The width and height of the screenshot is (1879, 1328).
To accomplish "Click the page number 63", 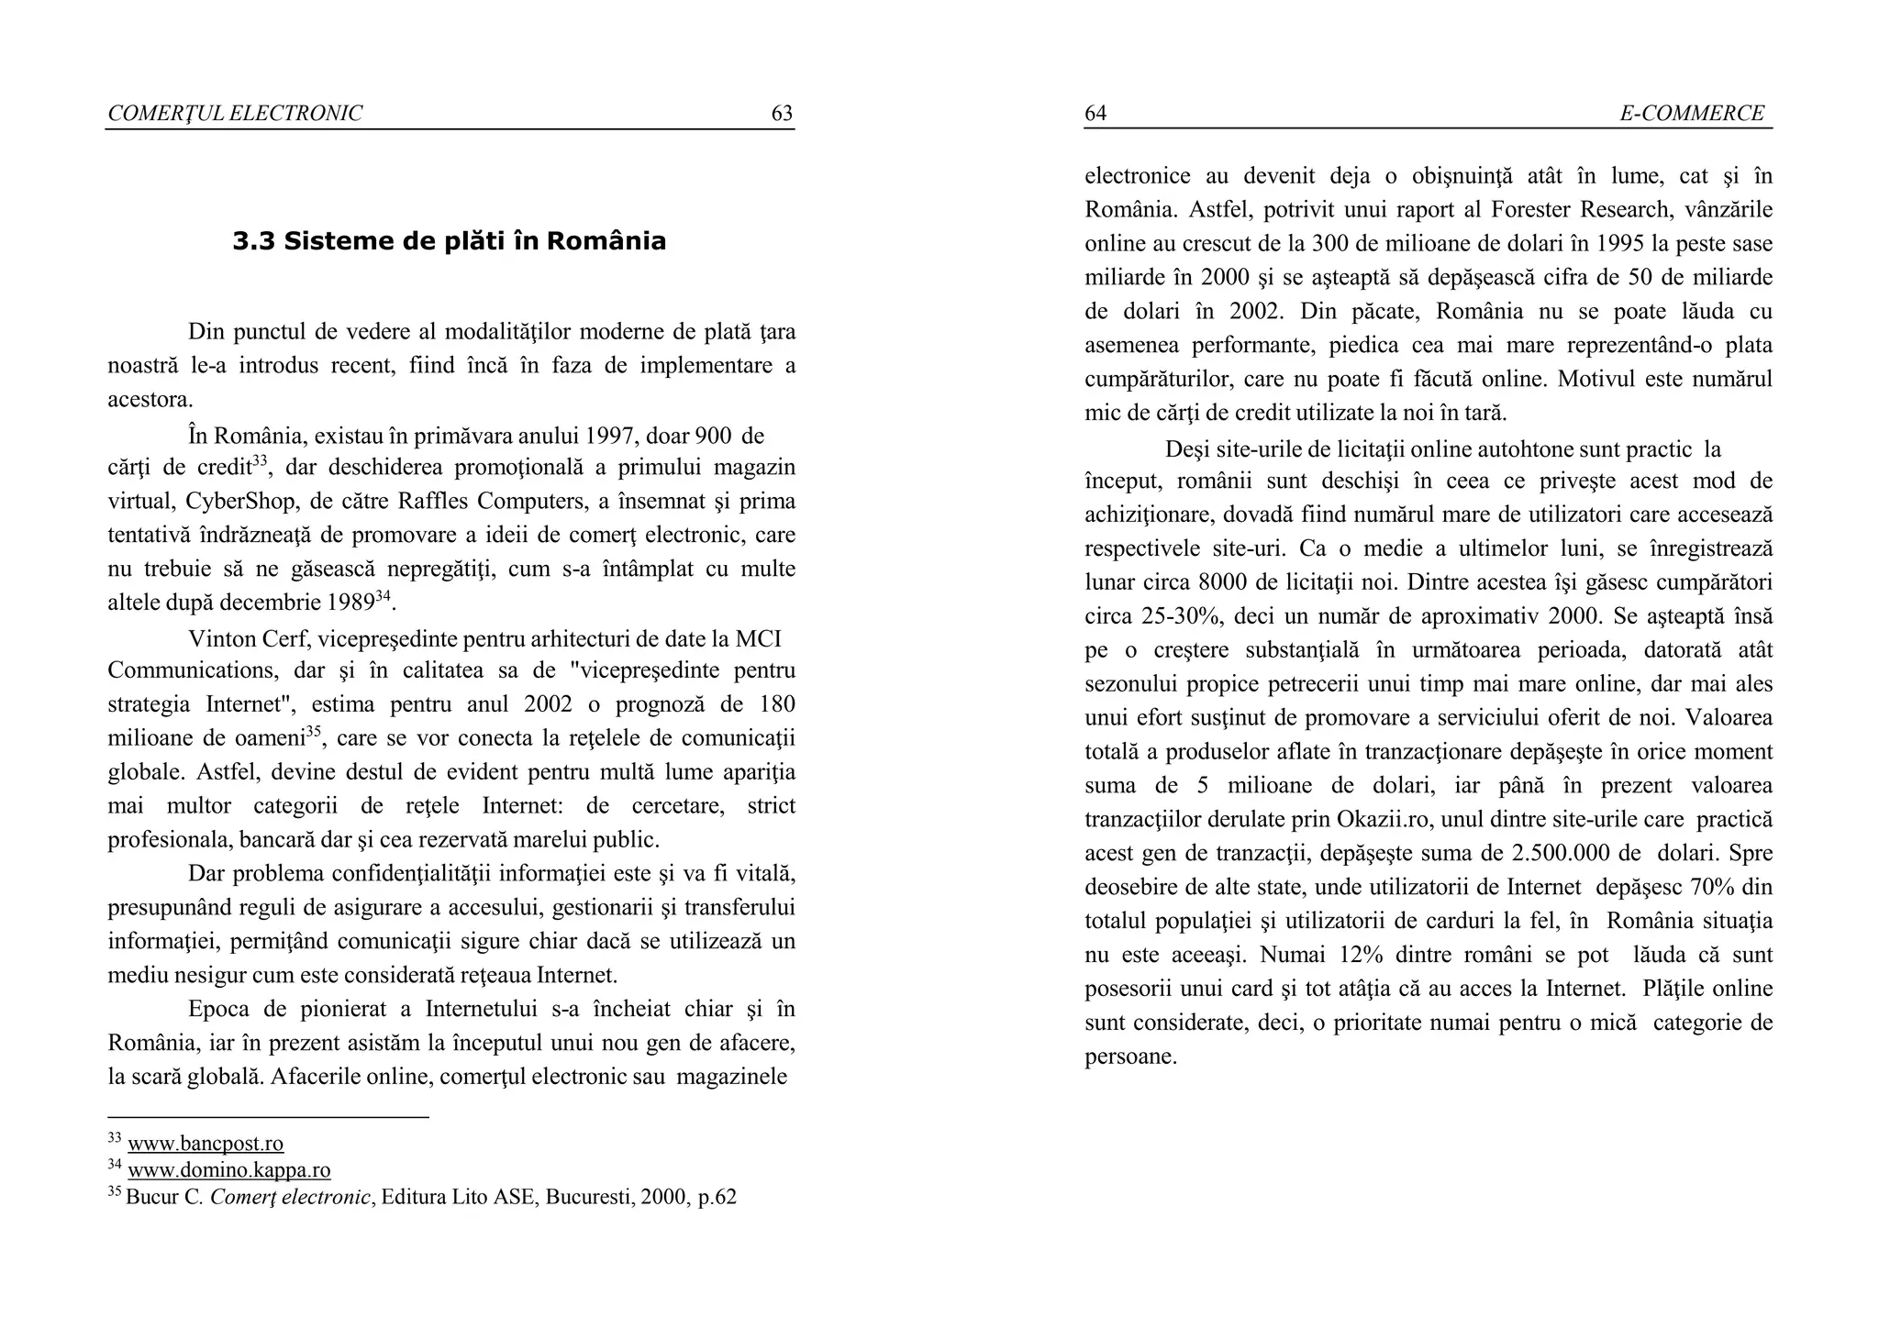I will coord(781,114).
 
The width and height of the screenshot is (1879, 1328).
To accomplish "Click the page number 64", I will coord(1095,114).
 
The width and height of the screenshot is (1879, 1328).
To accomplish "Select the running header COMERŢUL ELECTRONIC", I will coord(235,114).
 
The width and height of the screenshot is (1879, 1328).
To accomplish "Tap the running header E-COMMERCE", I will coord(1691,114).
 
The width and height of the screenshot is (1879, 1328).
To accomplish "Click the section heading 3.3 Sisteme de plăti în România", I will coord(449,241).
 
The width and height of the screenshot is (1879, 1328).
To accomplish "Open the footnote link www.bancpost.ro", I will coord(206,1144).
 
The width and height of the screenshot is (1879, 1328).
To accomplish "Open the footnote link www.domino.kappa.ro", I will coord(228,1170).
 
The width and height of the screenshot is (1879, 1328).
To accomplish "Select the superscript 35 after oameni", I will coord(314,732).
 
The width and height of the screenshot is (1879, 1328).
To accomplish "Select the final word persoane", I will coord(1129,1057).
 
